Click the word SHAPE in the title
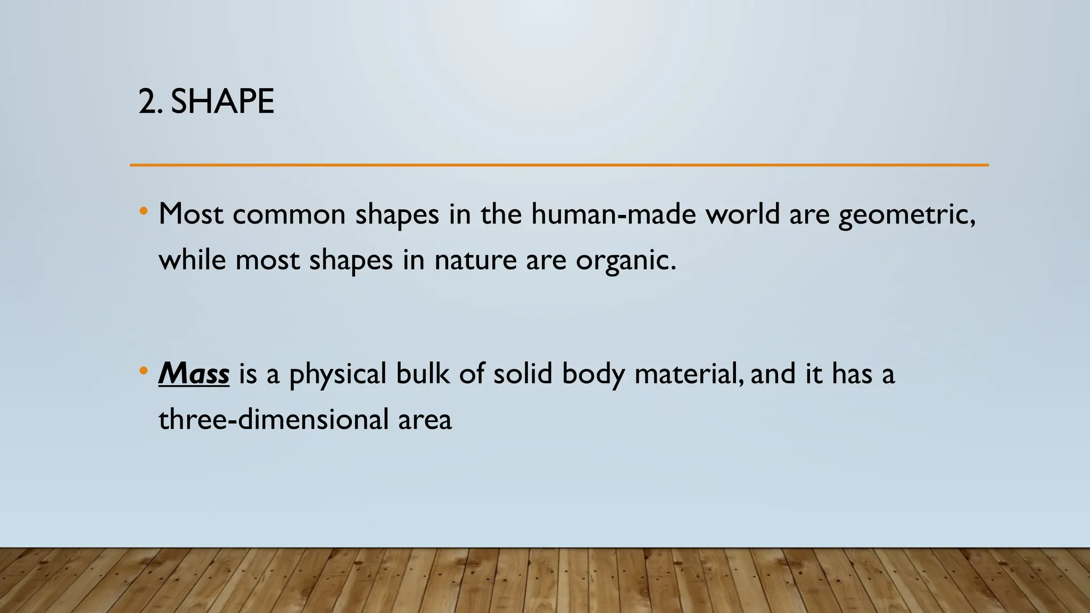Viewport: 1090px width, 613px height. point(222,101)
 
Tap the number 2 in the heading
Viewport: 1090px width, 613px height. point(147,101)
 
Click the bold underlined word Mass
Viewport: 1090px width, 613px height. point(194,374)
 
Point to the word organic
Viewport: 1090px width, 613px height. point(625,261)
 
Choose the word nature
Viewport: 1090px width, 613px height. point(475,261)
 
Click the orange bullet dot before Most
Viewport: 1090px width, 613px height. point(143,212)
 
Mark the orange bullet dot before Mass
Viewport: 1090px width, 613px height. point(143,371)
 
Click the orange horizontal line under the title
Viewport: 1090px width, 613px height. point(559,165)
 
